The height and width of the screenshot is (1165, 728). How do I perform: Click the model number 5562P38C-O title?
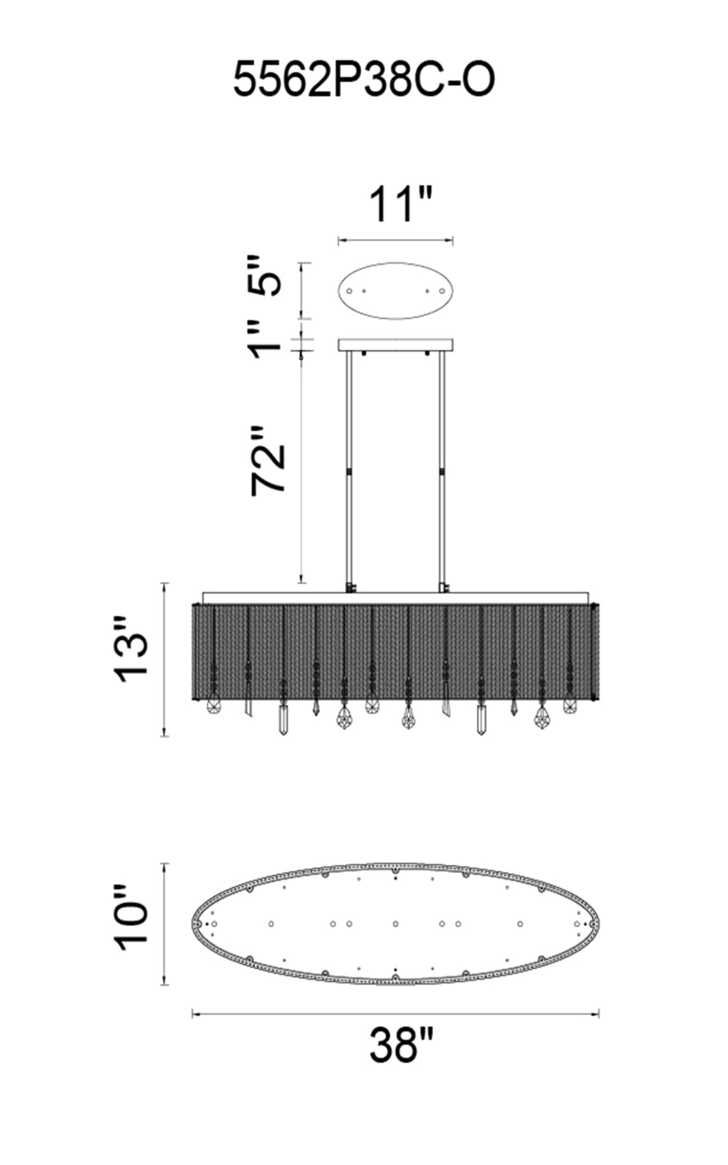(x=363, y=79)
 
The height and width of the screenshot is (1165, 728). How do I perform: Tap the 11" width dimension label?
(x=400, y=205)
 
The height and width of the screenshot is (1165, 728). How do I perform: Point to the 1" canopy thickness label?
(x=266, y=339)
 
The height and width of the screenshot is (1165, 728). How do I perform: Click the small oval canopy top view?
(x=396, y=291)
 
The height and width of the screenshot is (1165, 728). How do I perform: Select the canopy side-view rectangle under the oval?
(x=396, y=345)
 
